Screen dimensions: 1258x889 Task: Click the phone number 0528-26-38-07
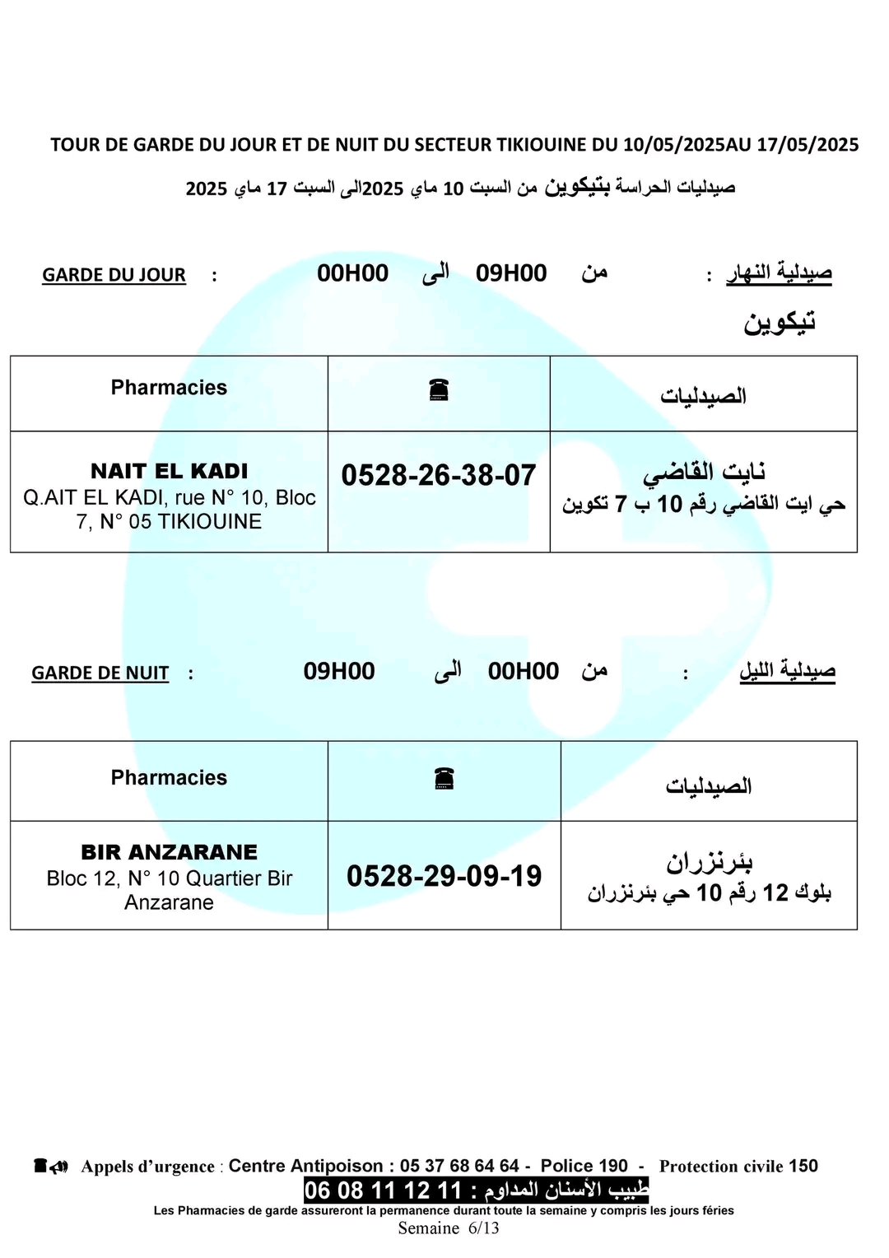click(x=438, y=475)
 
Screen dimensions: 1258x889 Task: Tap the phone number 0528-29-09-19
click(x=444, y=875)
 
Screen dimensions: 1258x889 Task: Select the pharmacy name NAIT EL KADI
click(x=169, y=471)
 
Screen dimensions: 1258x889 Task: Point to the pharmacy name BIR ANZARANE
click(x=169, y=852)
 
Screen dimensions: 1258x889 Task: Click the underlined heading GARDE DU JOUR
click(x=114, y=275)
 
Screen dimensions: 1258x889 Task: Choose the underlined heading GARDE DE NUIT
click(x=100, y=673)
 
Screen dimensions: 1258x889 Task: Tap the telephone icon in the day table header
click(x=439, y=389)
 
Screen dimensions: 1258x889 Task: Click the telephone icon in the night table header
click(x=444, y=778)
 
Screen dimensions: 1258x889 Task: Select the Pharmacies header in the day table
click(x=169, y=388)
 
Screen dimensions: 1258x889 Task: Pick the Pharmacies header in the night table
click(x=169, y=778)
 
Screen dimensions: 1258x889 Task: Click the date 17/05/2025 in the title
click(x=808, y=145)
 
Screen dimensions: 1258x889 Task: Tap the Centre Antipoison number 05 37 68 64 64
click(x=459, y=1166)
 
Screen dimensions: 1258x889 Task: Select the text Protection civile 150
click(x=738, y=1166)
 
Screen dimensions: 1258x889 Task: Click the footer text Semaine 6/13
click(x=449, y=1228)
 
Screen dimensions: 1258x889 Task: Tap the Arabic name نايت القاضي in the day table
click(x=704, y=473)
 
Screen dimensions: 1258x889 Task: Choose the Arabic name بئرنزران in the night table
click(x=709, y=862)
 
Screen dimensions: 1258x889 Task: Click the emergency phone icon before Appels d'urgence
click(x=51, y=1166)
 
